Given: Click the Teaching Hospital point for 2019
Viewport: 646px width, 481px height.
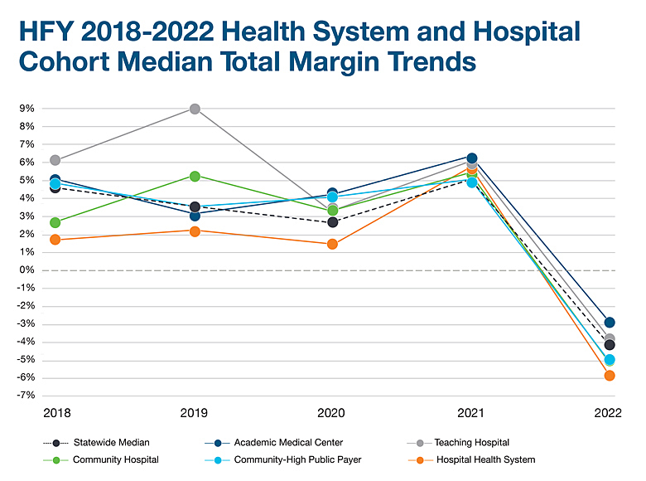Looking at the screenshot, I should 195,109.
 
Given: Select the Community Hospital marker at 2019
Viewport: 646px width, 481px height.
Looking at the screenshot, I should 195,176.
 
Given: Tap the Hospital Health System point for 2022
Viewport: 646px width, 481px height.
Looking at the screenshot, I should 610,376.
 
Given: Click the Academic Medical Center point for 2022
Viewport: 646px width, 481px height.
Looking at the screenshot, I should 610,322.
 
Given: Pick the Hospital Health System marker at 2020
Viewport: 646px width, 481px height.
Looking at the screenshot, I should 332,244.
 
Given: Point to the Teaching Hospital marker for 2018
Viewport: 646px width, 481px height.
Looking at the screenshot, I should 55,160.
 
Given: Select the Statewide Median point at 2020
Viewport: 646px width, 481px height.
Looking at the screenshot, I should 332,222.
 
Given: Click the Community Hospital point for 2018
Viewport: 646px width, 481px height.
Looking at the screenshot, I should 55,222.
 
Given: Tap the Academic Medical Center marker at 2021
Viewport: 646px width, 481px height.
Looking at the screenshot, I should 472,158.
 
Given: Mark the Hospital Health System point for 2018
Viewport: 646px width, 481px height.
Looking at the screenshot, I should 55,240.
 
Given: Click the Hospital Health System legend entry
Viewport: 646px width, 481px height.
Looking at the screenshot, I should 485,459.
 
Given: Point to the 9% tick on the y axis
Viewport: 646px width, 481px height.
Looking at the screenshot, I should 27,109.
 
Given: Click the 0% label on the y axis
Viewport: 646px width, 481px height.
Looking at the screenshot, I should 27,270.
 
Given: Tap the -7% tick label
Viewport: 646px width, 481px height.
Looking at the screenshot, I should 25,396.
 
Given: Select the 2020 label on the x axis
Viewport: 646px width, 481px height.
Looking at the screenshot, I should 332,412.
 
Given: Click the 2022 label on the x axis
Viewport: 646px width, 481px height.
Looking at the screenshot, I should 609,412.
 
